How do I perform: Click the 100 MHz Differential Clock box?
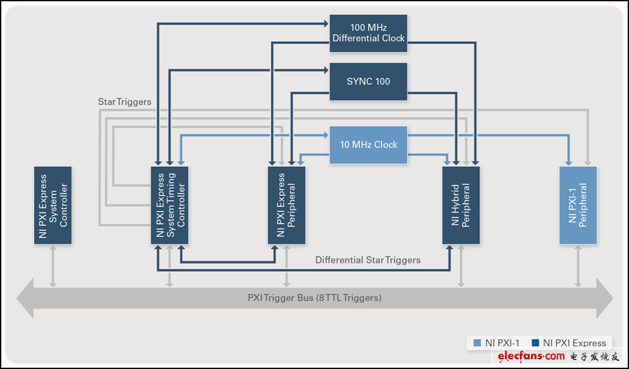[x=368, y=33]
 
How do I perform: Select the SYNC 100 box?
[x=368, y=81]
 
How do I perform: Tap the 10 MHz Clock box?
[x=368, y=144]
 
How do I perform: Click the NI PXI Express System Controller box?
[x=53, y=205]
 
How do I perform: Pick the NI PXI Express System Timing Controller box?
[x=170, y=205]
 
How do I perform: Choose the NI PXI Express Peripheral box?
[x=286, y=205]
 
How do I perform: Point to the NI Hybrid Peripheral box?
[x=461, y=205]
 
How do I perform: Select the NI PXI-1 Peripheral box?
[x=578, y=205]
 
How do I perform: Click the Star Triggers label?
[x=124, y=102]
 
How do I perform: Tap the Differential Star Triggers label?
[x=368, y=260]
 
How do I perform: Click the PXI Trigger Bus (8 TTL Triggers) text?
[x=315, y=298]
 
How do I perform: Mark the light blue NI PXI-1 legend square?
[x=477, y=343]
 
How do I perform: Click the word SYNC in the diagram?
[x=359, y=81]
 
